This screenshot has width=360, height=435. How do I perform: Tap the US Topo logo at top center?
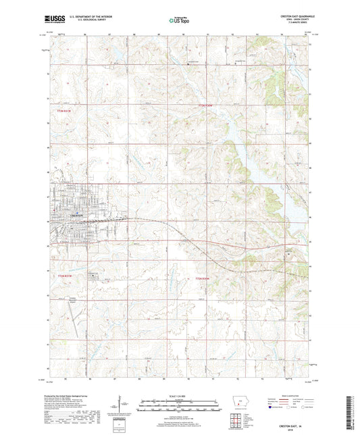tap(180, 20)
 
